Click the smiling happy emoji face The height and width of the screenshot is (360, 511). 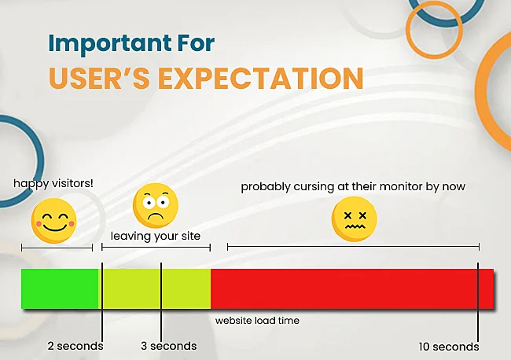click(54, 221)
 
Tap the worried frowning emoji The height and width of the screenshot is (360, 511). click(156, 205)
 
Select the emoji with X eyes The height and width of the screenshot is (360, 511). click(355, 219)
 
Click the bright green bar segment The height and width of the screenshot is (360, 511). click(60, 288)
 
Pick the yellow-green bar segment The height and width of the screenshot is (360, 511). click(155, 288)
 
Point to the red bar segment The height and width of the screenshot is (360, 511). click(352, 288)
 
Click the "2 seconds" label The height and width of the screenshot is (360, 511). click(75, 346)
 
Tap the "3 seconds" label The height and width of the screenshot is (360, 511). click(169, 346)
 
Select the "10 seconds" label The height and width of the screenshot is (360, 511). click(449, 347)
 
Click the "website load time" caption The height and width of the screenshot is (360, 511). click(257, 321)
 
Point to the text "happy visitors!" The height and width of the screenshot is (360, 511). click(53, 184)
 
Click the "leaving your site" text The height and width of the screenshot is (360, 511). click(156, 236)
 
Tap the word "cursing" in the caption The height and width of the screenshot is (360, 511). click(314, 187)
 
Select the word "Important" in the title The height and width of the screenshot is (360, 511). click(110, 43)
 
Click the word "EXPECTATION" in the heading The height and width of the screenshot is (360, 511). click(261, 78)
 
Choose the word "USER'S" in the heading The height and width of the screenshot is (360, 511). click(99, 78)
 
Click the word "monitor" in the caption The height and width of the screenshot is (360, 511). click(401, 186)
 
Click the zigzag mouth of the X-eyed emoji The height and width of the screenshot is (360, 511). click(355, 226)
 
